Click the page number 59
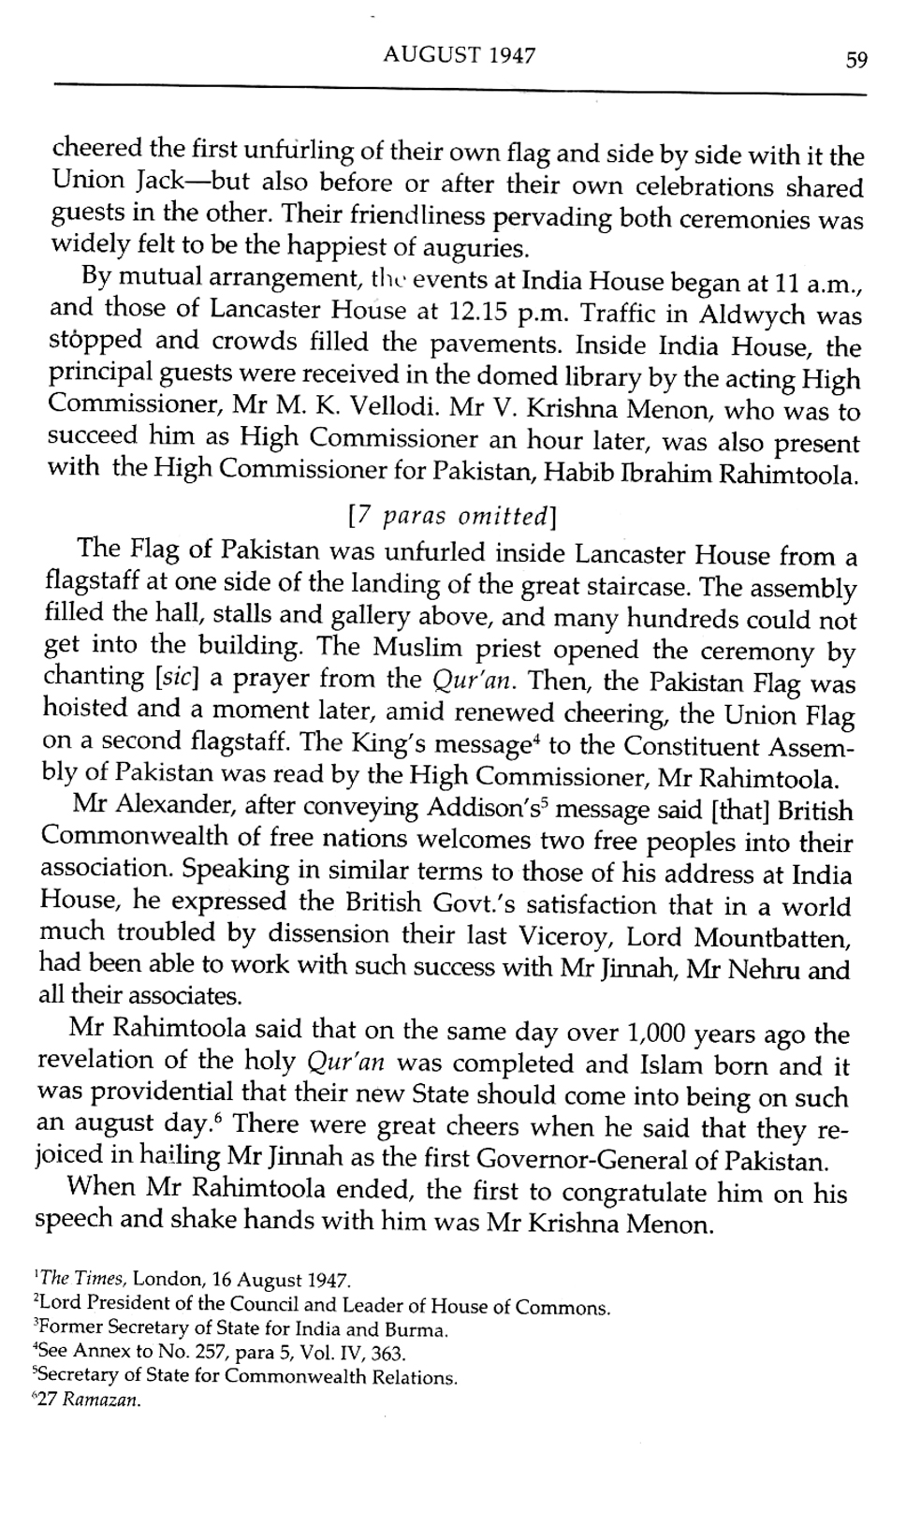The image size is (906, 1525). [856, 60]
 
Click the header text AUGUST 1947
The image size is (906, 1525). [460, 55]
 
